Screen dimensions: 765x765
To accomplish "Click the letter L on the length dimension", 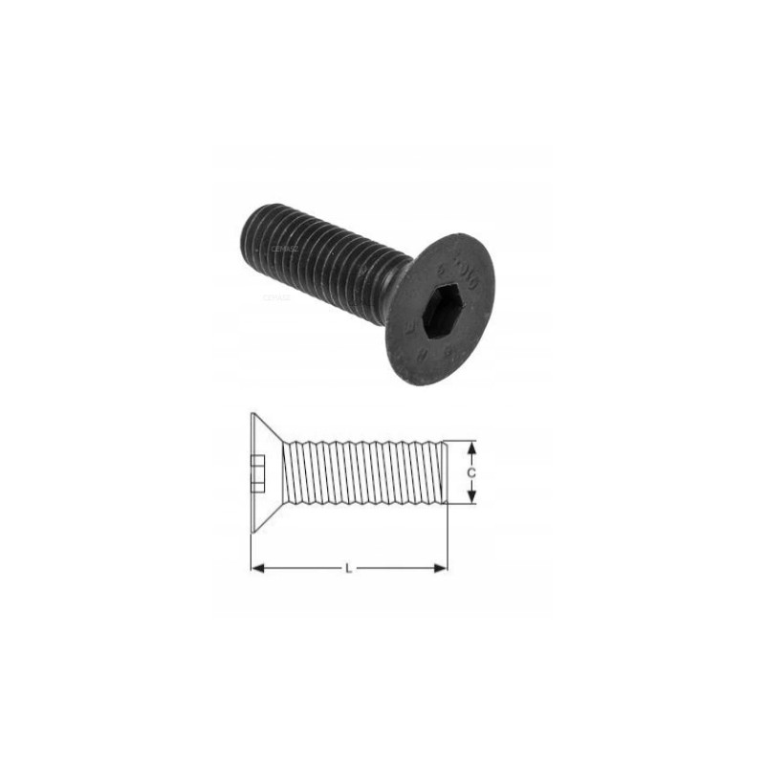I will tap(348, 568).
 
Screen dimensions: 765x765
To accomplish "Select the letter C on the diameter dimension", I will tap(471, 472).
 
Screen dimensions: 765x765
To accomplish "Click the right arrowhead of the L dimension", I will tap(440, 568).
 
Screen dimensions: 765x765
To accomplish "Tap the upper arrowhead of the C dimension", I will tap(470, 448).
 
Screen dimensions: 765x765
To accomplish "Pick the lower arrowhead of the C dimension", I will tap(470, 496).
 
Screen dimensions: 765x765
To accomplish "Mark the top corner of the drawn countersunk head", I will tap(251, 414).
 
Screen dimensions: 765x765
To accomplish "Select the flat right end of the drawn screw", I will tap(447, 471).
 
